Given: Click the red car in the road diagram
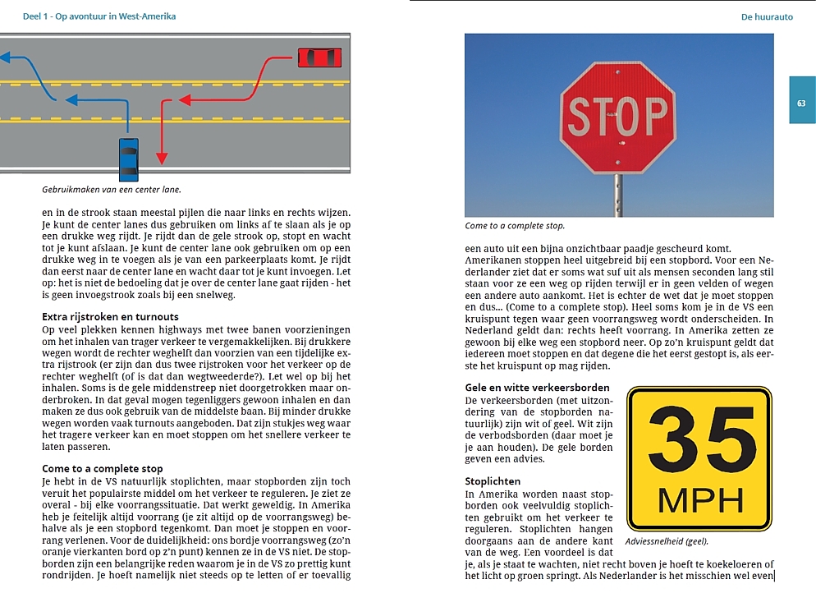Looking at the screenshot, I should click(319, 58).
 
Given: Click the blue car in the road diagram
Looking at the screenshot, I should click(129, 159).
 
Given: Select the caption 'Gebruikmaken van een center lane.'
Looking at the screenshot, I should click(112, 190).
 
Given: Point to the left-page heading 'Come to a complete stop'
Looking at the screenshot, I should click(103, 468).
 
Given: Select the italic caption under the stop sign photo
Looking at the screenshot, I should click(515, 226).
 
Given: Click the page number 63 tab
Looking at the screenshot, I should click(802, 103).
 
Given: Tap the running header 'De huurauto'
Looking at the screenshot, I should click(767, 16).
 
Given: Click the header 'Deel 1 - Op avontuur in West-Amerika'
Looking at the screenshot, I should click(89, 16).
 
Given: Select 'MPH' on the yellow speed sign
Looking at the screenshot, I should click(699, 499).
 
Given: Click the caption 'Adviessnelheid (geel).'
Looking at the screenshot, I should click(667, 542).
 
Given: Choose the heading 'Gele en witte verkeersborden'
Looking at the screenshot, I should click(537, 387).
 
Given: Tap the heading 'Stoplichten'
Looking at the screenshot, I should click(493, 480).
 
